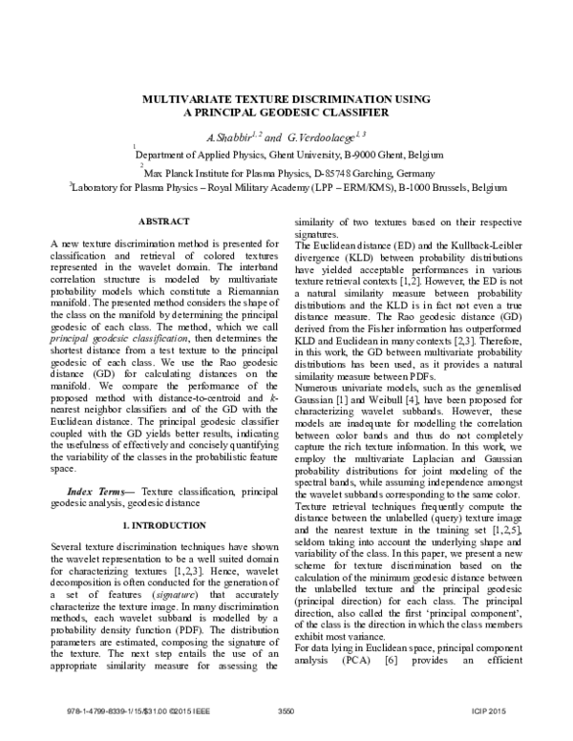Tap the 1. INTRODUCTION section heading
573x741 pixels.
(x=161, y=526)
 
